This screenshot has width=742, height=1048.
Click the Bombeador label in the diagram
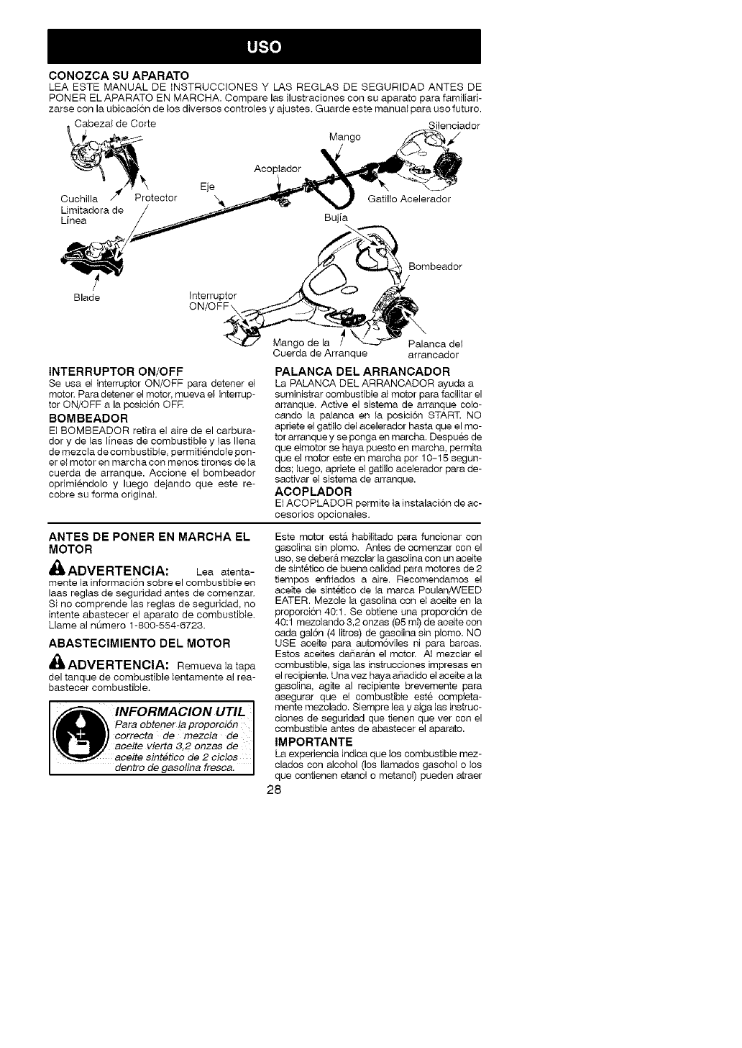coord(435,266)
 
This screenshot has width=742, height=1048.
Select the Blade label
coord(86,298)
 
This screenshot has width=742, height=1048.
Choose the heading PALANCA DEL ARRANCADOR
coord(362,371)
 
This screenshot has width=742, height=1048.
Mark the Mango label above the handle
coord(344,137)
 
